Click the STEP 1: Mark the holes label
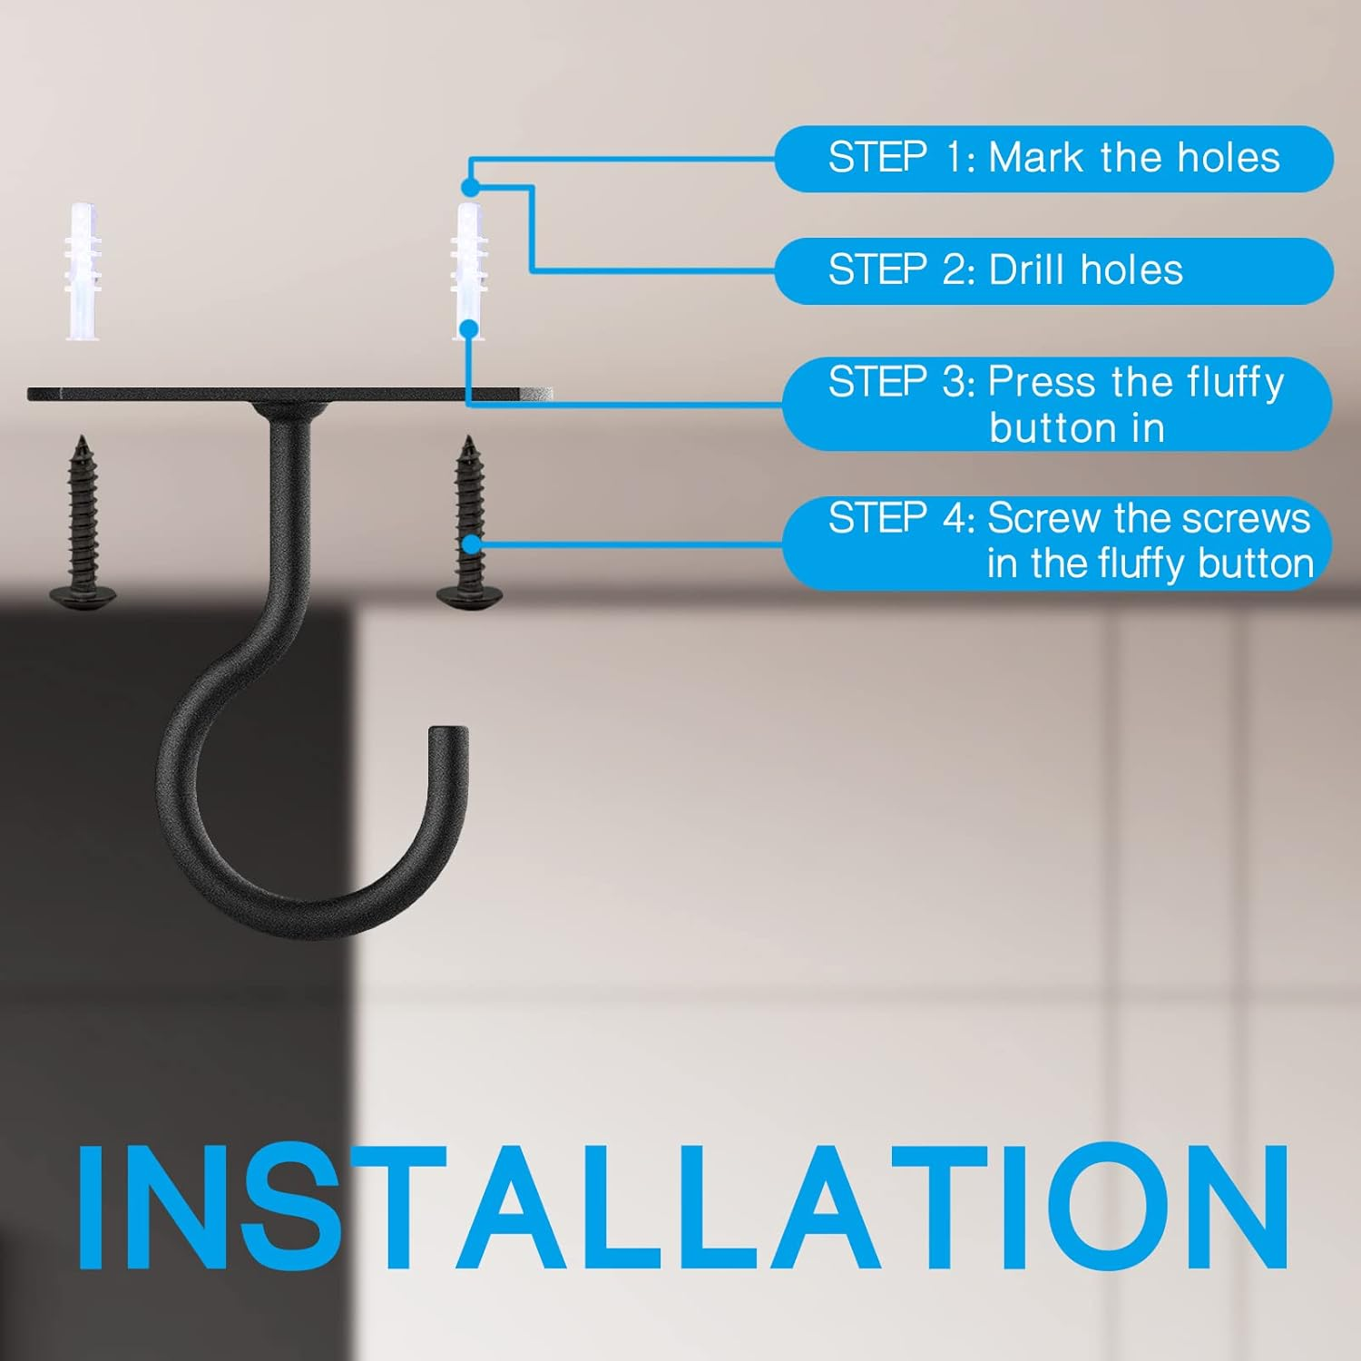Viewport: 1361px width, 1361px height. [x=1053, y=159]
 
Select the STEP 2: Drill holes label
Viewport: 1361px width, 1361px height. [x=1053, y=270]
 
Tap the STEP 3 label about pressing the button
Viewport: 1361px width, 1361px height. [x=1057, y=405]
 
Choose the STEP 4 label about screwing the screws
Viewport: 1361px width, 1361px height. [x=1057, y=543]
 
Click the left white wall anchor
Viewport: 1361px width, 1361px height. [x=83, y=271]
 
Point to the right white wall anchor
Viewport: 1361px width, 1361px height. [x=469, y=271]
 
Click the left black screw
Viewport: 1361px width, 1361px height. [x=83, y=523]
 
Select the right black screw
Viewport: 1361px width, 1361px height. [x=470, y=523]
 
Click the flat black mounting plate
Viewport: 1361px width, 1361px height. [x=290, y=394]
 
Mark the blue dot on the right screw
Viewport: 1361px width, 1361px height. [x=472, y=544]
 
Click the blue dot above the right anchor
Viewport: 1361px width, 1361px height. [x=470, y=187]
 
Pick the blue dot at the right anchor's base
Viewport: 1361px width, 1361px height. [x=469, y=328]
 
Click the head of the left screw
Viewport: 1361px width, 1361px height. [x=83, y=598]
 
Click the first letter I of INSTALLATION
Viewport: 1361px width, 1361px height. [x=91, y=1207]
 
